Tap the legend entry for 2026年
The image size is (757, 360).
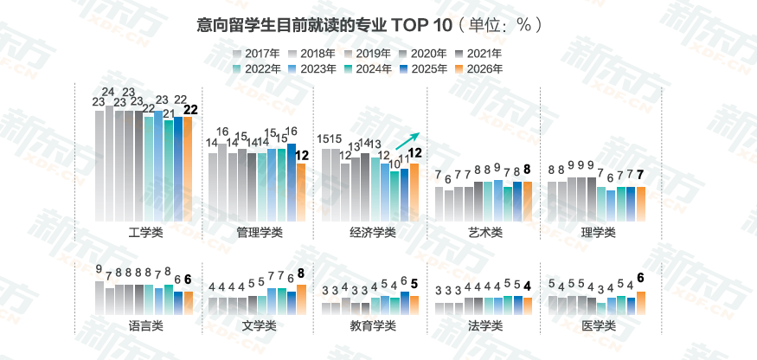[479, 68]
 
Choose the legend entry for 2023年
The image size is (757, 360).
[313, 68]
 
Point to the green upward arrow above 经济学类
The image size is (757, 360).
[407, 141]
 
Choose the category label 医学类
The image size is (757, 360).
[597, 325]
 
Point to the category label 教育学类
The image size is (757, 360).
[371, 325]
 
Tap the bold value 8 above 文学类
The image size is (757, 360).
[301, 274]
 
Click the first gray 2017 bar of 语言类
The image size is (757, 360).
[99, 296]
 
